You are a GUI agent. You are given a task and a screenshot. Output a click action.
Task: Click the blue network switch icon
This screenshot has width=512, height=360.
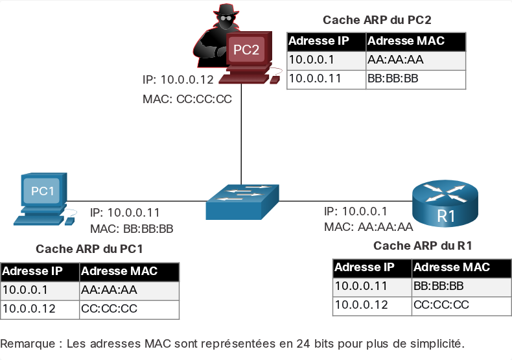(242, 202)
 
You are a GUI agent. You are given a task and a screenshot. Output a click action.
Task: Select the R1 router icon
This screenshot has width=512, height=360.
(445, 203)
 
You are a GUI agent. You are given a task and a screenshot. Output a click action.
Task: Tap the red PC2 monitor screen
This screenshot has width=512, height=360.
(246, 50)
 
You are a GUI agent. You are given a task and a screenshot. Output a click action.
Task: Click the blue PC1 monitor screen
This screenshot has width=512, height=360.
(42, 191)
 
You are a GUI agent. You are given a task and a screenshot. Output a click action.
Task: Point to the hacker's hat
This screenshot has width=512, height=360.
(226, 9)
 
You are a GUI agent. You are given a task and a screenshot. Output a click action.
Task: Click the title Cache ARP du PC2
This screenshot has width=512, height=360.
(377, 20)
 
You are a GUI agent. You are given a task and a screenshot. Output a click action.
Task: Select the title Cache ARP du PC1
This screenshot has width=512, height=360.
(89, 249)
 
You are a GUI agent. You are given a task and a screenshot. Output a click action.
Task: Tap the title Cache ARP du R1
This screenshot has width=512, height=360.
(423, 246)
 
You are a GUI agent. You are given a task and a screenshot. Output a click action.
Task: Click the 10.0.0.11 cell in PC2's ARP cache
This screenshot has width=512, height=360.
(326, 79)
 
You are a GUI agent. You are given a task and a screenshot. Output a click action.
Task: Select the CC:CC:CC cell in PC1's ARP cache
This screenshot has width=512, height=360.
(129, 309)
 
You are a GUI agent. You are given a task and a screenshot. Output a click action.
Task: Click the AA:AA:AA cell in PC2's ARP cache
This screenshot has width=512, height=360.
(415, 60)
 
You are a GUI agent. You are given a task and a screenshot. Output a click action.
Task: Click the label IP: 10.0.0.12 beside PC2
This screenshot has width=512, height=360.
(178, 80)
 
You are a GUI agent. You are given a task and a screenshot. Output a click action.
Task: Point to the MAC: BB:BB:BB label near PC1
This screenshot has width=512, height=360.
(132, 229)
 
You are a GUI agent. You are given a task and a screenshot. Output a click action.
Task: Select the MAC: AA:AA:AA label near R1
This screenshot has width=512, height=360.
(368, 227)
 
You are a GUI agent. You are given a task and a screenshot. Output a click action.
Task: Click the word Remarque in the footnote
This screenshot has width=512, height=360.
(28, 344)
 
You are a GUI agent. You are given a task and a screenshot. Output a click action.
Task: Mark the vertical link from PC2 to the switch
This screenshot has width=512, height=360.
(241, 134)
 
